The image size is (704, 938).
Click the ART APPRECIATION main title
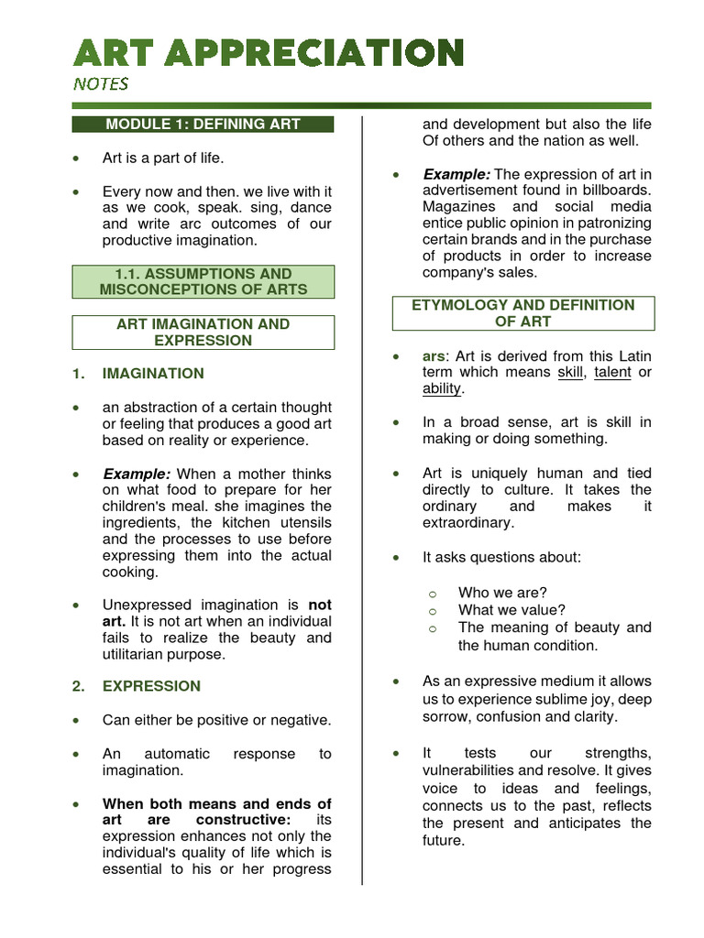pos(268,52)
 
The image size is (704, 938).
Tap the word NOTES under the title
pos(101,84)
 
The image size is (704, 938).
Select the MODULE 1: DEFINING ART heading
pos(203,124)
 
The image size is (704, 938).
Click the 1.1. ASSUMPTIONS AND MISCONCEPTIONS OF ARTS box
pos(203,281)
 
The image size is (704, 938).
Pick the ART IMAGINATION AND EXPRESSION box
pos(203,332)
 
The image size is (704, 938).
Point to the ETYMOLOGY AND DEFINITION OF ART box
pos(523,312)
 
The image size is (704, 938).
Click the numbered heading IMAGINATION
pos(153,373)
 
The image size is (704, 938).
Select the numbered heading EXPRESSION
pos(151,685)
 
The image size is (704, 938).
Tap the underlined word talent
pos(612,372)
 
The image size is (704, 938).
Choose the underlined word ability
pos(442,388)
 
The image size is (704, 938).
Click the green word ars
pos(434,355)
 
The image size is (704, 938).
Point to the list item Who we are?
pos(502,593)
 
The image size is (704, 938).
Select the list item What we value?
pos(511,610)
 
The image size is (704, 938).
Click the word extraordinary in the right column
pos(467,522)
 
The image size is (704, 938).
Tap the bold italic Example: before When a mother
pos(137,474)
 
